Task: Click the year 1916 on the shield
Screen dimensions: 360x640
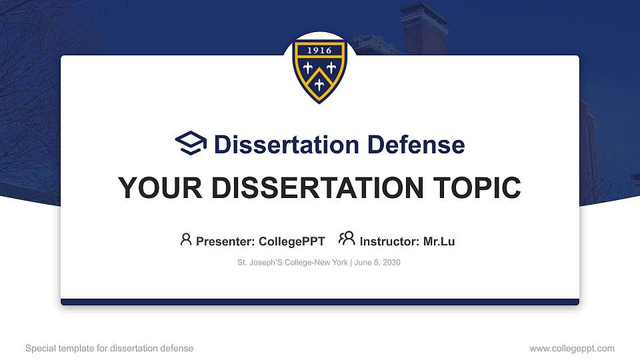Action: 320,51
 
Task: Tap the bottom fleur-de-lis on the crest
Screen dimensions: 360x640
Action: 320,83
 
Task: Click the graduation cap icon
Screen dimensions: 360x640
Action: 191,143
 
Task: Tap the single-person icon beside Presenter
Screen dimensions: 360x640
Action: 186,239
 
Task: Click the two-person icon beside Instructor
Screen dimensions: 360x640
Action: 347,239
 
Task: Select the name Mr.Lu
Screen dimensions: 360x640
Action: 439,241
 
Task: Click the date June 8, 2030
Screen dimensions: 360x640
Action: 377,263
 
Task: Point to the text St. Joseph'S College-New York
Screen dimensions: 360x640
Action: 292,263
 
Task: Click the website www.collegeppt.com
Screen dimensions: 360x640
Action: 572,349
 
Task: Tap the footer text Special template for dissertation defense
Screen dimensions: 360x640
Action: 109,349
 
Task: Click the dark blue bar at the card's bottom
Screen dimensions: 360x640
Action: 320,302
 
